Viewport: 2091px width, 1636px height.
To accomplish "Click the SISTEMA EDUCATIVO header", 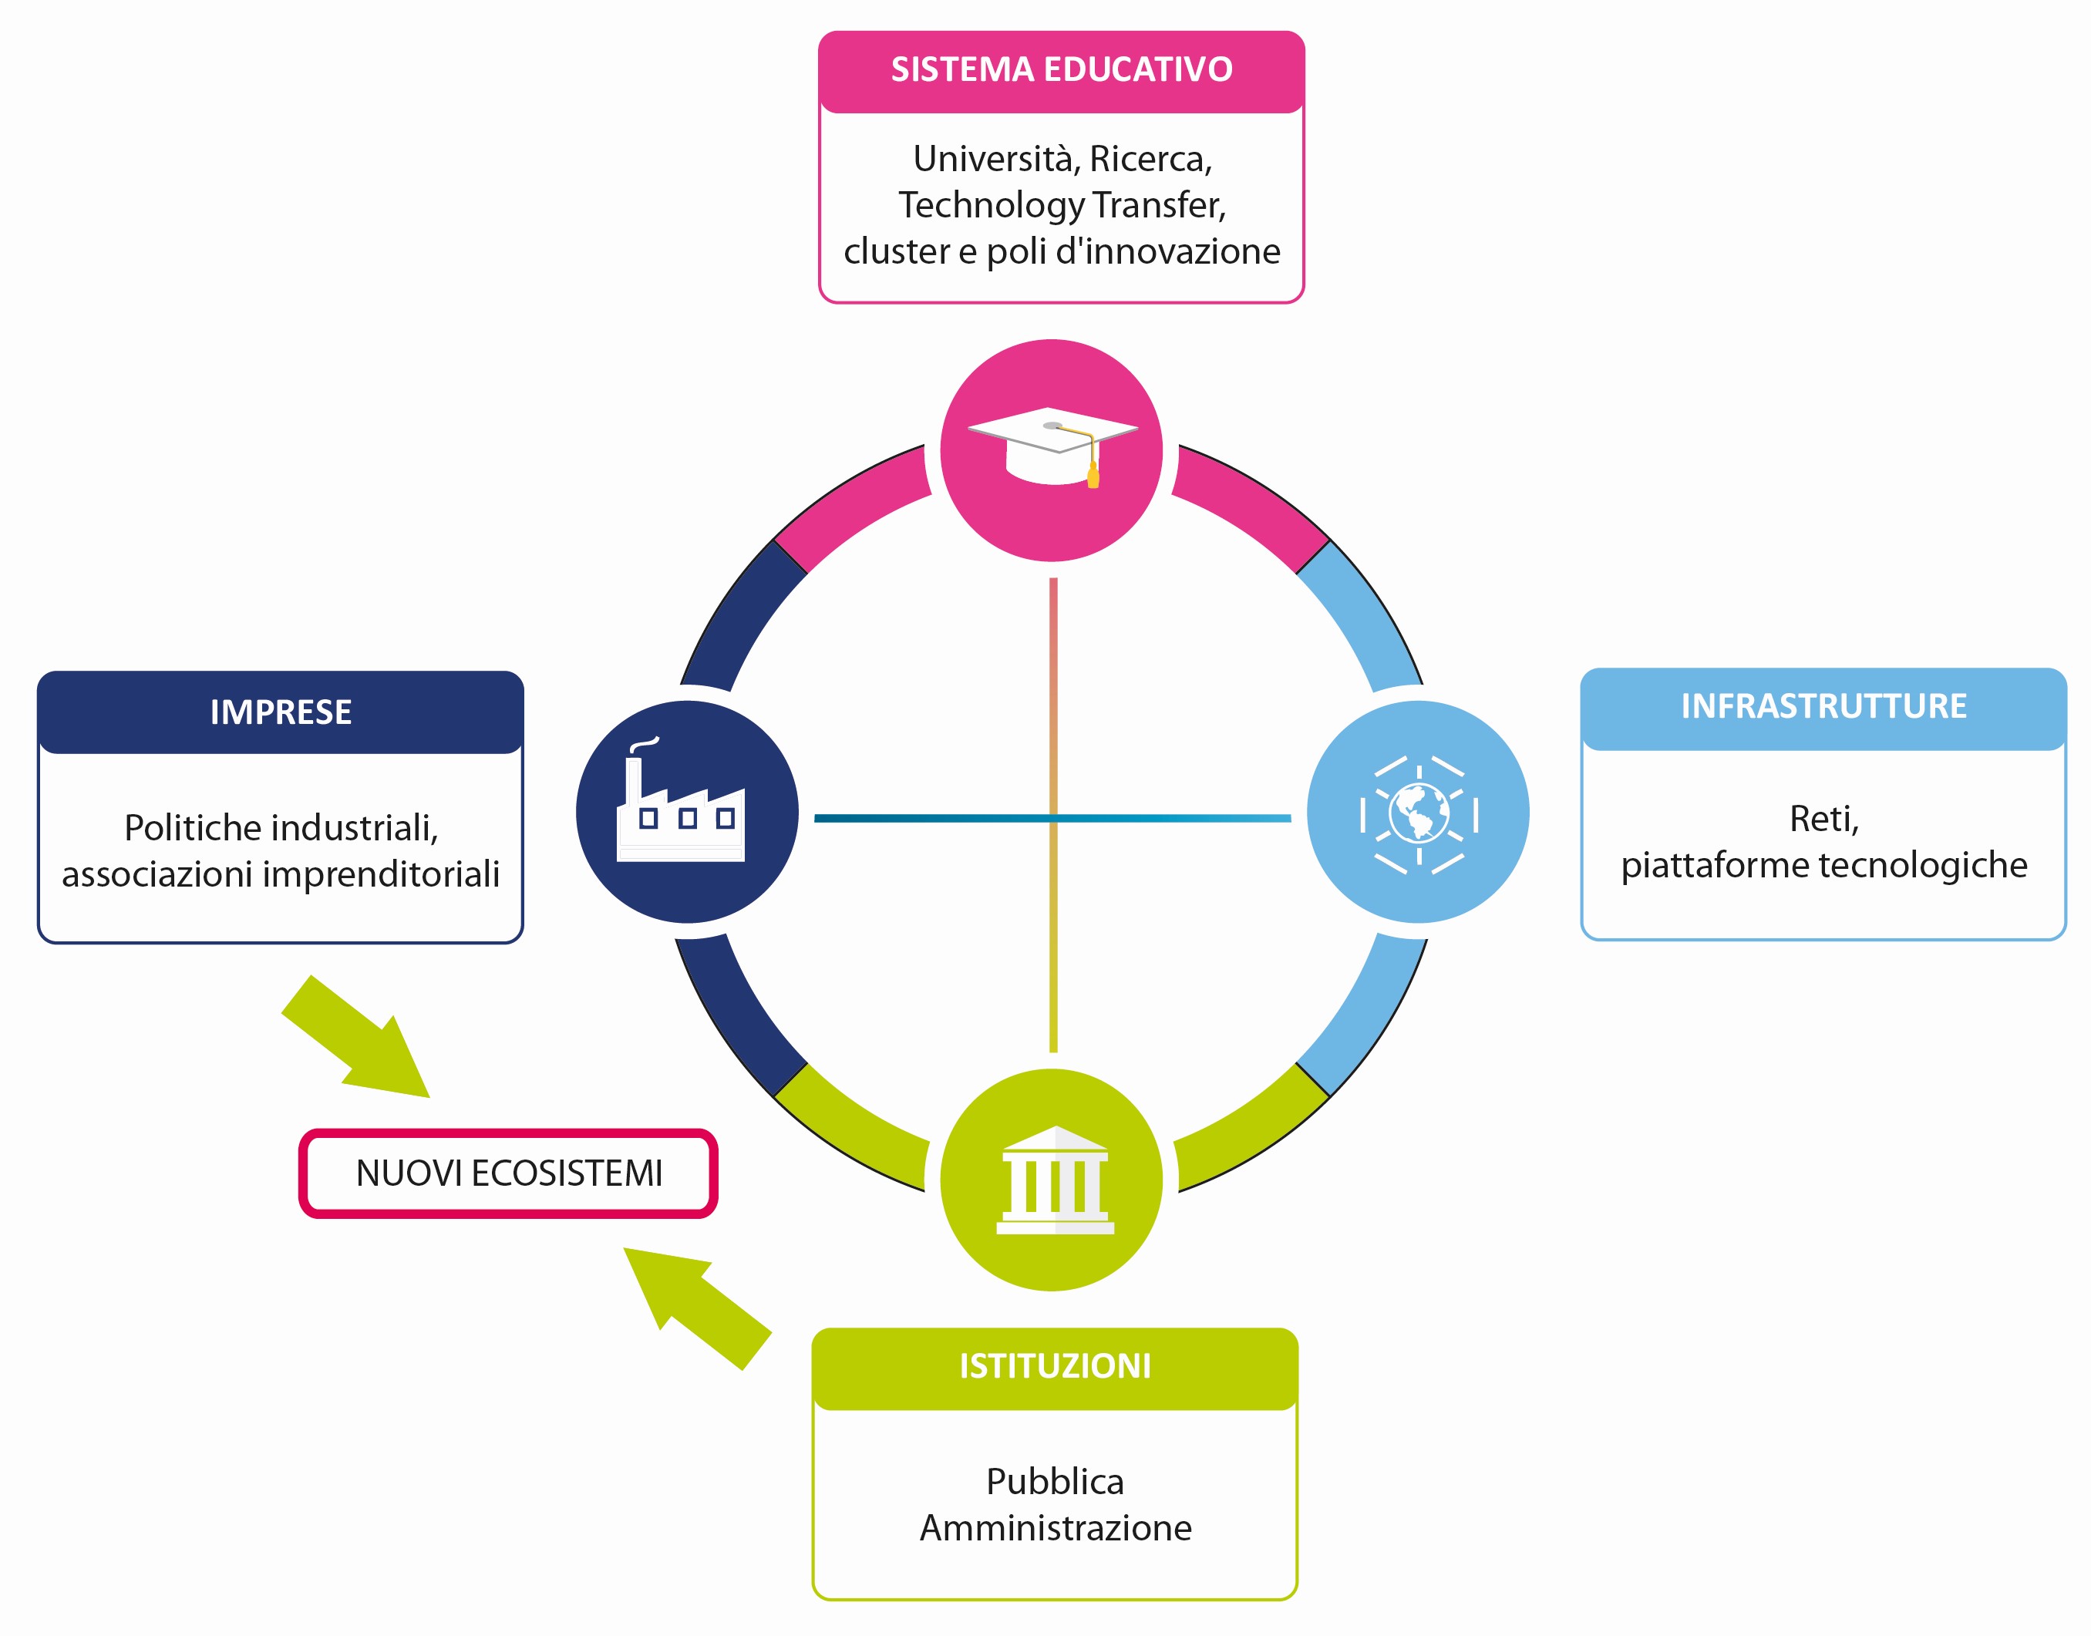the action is click(x=1061, y=71).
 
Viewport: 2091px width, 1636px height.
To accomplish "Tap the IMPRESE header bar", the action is click(x=281, y=712).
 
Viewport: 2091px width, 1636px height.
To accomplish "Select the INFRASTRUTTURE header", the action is click(x=1823, y=707).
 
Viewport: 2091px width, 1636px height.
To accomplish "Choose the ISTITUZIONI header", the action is click(x=1055, y=1367).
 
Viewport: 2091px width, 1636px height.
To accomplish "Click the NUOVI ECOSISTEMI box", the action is click(x=509, y=1173).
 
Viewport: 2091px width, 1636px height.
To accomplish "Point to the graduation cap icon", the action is click(x=1052, y=447).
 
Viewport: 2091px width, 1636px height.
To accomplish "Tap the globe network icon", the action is click(x=1419, y=814).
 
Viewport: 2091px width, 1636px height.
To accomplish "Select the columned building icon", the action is click(x=1055, y=1180).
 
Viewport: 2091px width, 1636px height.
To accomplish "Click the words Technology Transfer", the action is click(x=1060, y=205).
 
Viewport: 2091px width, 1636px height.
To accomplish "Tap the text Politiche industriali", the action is click(x=281, y=827).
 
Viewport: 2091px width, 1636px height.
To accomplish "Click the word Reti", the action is click(x=1823, y=820).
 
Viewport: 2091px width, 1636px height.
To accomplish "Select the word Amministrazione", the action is click(x=1056, y=1528).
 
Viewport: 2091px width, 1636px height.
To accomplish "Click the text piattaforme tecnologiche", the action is click(x=1823, y=866).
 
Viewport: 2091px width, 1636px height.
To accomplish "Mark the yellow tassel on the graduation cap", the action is click(x=1093, y=475).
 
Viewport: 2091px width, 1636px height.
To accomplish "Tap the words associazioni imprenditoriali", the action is click(x=281, y=874).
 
